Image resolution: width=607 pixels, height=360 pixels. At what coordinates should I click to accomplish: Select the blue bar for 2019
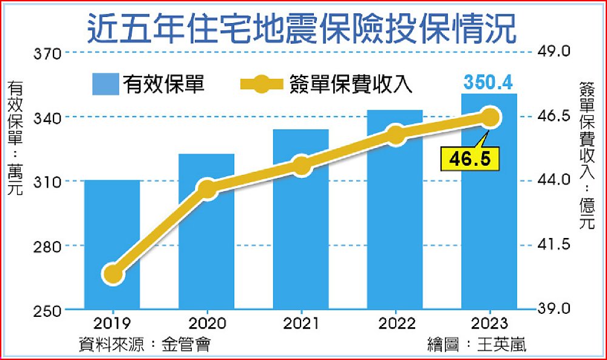point(112,243)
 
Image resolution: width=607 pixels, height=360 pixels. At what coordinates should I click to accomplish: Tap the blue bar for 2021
point(301,231)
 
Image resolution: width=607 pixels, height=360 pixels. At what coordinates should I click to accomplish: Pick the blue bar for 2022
point(395,219)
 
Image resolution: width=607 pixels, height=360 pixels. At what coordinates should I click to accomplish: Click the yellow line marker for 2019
point(112,274)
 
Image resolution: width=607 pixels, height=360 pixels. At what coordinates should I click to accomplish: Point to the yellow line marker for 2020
point(207,189)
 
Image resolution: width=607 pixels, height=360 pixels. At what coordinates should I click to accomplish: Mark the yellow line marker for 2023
point(489,117)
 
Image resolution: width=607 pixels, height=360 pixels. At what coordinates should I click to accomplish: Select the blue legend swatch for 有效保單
point(106,84)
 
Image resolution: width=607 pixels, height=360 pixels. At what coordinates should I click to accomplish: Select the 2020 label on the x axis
point(207,322)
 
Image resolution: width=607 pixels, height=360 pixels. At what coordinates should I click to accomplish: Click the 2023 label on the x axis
point(489,322)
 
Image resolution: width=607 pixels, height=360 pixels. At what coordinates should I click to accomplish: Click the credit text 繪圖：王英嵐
point(476,345)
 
